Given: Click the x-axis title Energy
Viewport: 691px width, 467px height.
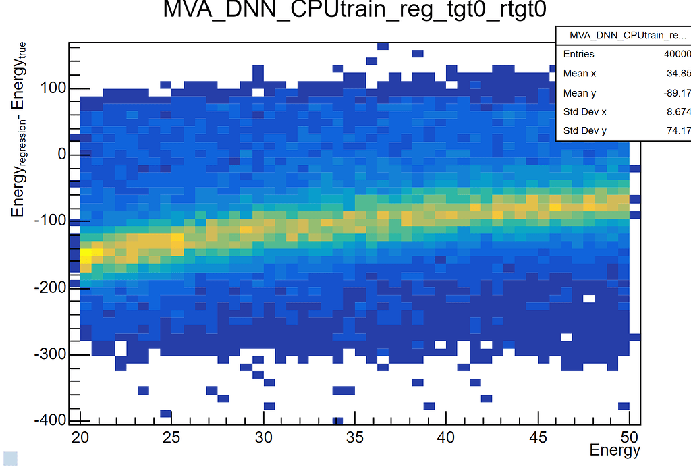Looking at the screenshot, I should click(x=614, y=450).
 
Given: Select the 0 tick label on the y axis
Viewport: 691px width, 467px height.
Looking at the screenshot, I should click(x=61, y=155).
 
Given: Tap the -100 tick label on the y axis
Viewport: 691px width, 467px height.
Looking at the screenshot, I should click(x=49, y=221).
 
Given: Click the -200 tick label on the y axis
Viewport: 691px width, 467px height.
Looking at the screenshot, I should click(x=49, y=287).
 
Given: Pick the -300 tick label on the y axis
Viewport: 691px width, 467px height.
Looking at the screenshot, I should click(x=49, y=354).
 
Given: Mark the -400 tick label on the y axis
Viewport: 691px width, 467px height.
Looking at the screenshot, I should click(x=49, y=420).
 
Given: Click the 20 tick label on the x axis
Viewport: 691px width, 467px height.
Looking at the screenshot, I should click(x=81, y=437).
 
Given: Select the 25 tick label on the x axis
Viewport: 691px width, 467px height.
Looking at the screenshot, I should click(x=172, y=437).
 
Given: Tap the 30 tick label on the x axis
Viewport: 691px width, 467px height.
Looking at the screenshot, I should click(x=264, y=437).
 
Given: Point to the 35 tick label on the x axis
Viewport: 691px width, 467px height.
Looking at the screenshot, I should click(x=355, y=437).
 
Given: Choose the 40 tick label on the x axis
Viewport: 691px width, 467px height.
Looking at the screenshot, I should click(x=446, y=437).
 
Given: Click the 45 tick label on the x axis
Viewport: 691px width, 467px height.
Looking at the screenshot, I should click(x=538, y=437).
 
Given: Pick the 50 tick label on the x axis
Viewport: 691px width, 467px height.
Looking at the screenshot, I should click(x=629, y=437).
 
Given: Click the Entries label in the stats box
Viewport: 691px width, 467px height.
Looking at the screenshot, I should click(x=579, y=54).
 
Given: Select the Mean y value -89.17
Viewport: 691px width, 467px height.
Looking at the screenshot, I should click(x=678, y=93).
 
